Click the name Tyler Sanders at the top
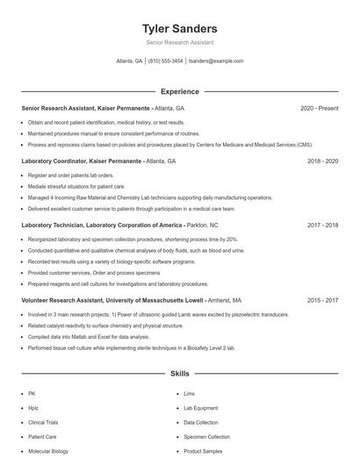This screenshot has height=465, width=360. pos(179,28)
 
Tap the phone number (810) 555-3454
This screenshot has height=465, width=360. pos(166,61)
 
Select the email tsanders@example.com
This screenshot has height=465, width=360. pos(217,61)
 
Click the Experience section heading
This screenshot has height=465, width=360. pos(179,91)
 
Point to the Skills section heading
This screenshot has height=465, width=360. pos(179,374)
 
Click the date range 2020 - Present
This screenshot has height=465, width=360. pos(320,108)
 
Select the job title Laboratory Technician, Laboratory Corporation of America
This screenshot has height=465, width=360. pos(103,225)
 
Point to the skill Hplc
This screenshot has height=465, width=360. pos(34,408)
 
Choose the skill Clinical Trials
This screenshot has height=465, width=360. pos(43,422)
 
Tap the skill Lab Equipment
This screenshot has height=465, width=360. pos(201,408)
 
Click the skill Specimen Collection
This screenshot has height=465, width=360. pos(206,436)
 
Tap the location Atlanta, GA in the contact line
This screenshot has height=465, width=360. pos(129,61)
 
